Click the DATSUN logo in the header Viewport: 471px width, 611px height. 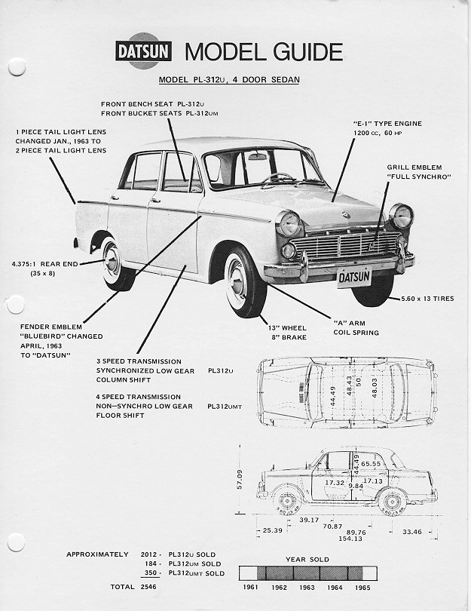click(x=144, y=52)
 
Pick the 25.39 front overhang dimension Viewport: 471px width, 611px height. click(x=272, y=531)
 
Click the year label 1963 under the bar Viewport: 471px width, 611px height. click(x=306, y=586)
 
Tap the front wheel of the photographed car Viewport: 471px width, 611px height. click(x=243, y=281)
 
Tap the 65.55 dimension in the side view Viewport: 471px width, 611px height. click(x=371, y=463)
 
